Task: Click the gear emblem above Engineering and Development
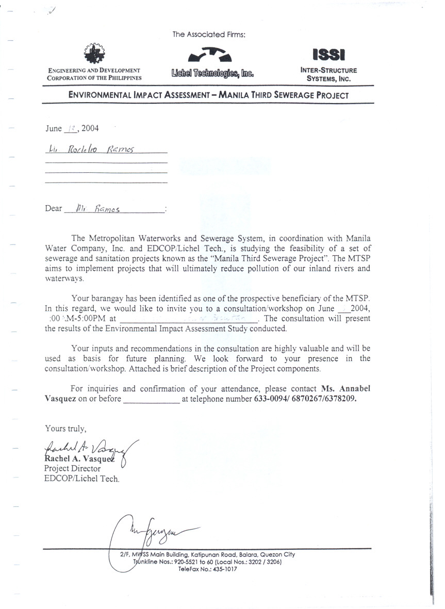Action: tap(94, 53)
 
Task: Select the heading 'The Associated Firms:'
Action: tap(209, 35)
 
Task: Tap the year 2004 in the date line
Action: tap(90, 128)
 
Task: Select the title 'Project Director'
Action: tap(73, 469)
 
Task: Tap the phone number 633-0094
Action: tap(271, 399)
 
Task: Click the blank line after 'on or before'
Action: tap(151, 399)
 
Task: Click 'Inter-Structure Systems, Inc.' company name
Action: tap(328, 75)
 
